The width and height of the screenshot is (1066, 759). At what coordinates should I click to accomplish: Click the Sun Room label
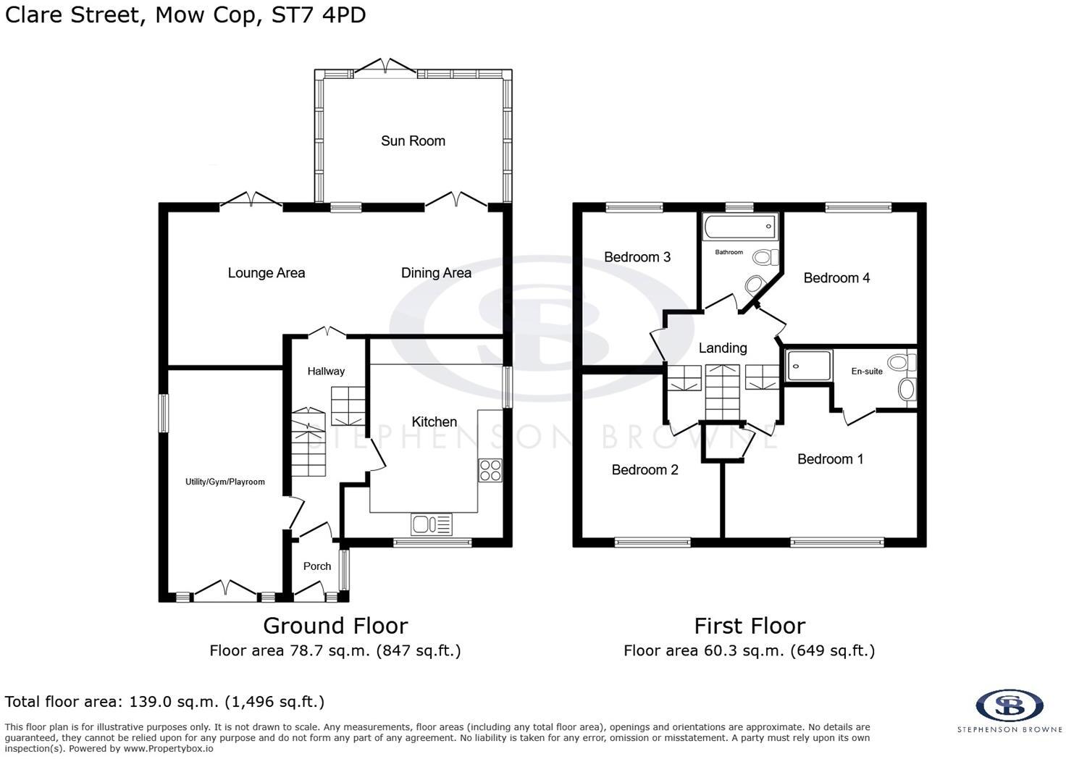click(x=413, y=141)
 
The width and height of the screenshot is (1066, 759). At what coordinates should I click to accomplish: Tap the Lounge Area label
click(x=266, y=273)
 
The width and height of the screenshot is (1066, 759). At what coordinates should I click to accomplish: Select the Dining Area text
click(x=436, y=273)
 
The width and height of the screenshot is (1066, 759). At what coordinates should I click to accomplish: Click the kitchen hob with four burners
click(x=490, y=470)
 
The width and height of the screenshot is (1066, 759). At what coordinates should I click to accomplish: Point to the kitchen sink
click(x=431, y=524)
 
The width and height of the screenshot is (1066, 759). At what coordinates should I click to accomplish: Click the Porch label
click(x=317, y=566)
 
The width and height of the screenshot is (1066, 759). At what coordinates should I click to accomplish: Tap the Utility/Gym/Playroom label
click(x=225, y=482)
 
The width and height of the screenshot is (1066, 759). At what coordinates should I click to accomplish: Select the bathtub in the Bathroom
click(x=739, y=227)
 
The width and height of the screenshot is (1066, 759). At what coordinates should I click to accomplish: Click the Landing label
click(x=723, y=348)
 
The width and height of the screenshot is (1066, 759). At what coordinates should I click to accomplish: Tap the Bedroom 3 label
click(x=637, y=257)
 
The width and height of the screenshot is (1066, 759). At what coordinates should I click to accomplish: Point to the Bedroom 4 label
click(x=836, y=278)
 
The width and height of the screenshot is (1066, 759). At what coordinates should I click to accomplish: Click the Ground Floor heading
click(x=335, y=626)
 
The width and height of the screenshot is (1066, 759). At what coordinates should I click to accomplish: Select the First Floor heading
click(x=750, y=626)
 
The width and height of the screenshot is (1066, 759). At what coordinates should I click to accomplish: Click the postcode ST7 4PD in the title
click(x=319, y=15)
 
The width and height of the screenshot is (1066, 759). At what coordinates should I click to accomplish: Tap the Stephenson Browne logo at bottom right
click(x=1009, y=705)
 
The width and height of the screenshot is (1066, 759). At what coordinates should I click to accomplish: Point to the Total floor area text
click(x=164, y=702)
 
